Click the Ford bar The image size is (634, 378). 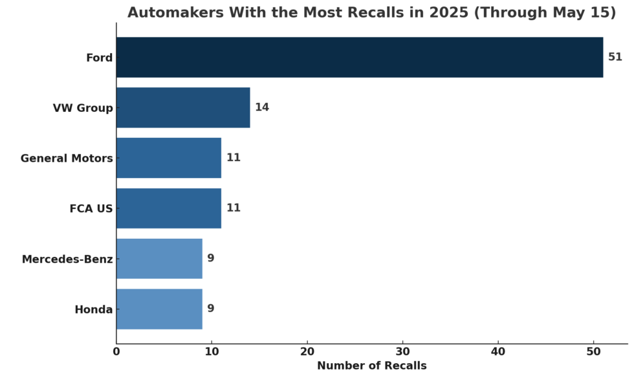[359, 58]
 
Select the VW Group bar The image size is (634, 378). [183, 107]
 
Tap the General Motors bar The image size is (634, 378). [169, 158]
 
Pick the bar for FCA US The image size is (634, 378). [169, 208]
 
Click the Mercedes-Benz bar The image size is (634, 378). [159, 258]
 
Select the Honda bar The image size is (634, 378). [159, 309]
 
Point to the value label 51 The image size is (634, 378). [615, 58]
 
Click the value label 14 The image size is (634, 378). [262, 107]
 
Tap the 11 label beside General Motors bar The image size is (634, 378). [233, 158]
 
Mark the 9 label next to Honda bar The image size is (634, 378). [211, 309]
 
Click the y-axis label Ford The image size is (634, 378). [99, 58]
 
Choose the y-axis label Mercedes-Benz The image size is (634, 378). [67, 260]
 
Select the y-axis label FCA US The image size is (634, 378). [91, 209]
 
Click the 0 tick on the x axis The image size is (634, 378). [116, 352]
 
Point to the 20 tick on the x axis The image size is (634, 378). [307, 352]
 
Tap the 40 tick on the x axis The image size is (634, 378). [498, 352]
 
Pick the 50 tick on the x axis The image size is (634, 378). [593, 352]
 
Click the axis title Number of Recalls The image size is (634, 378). [371, 366]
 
